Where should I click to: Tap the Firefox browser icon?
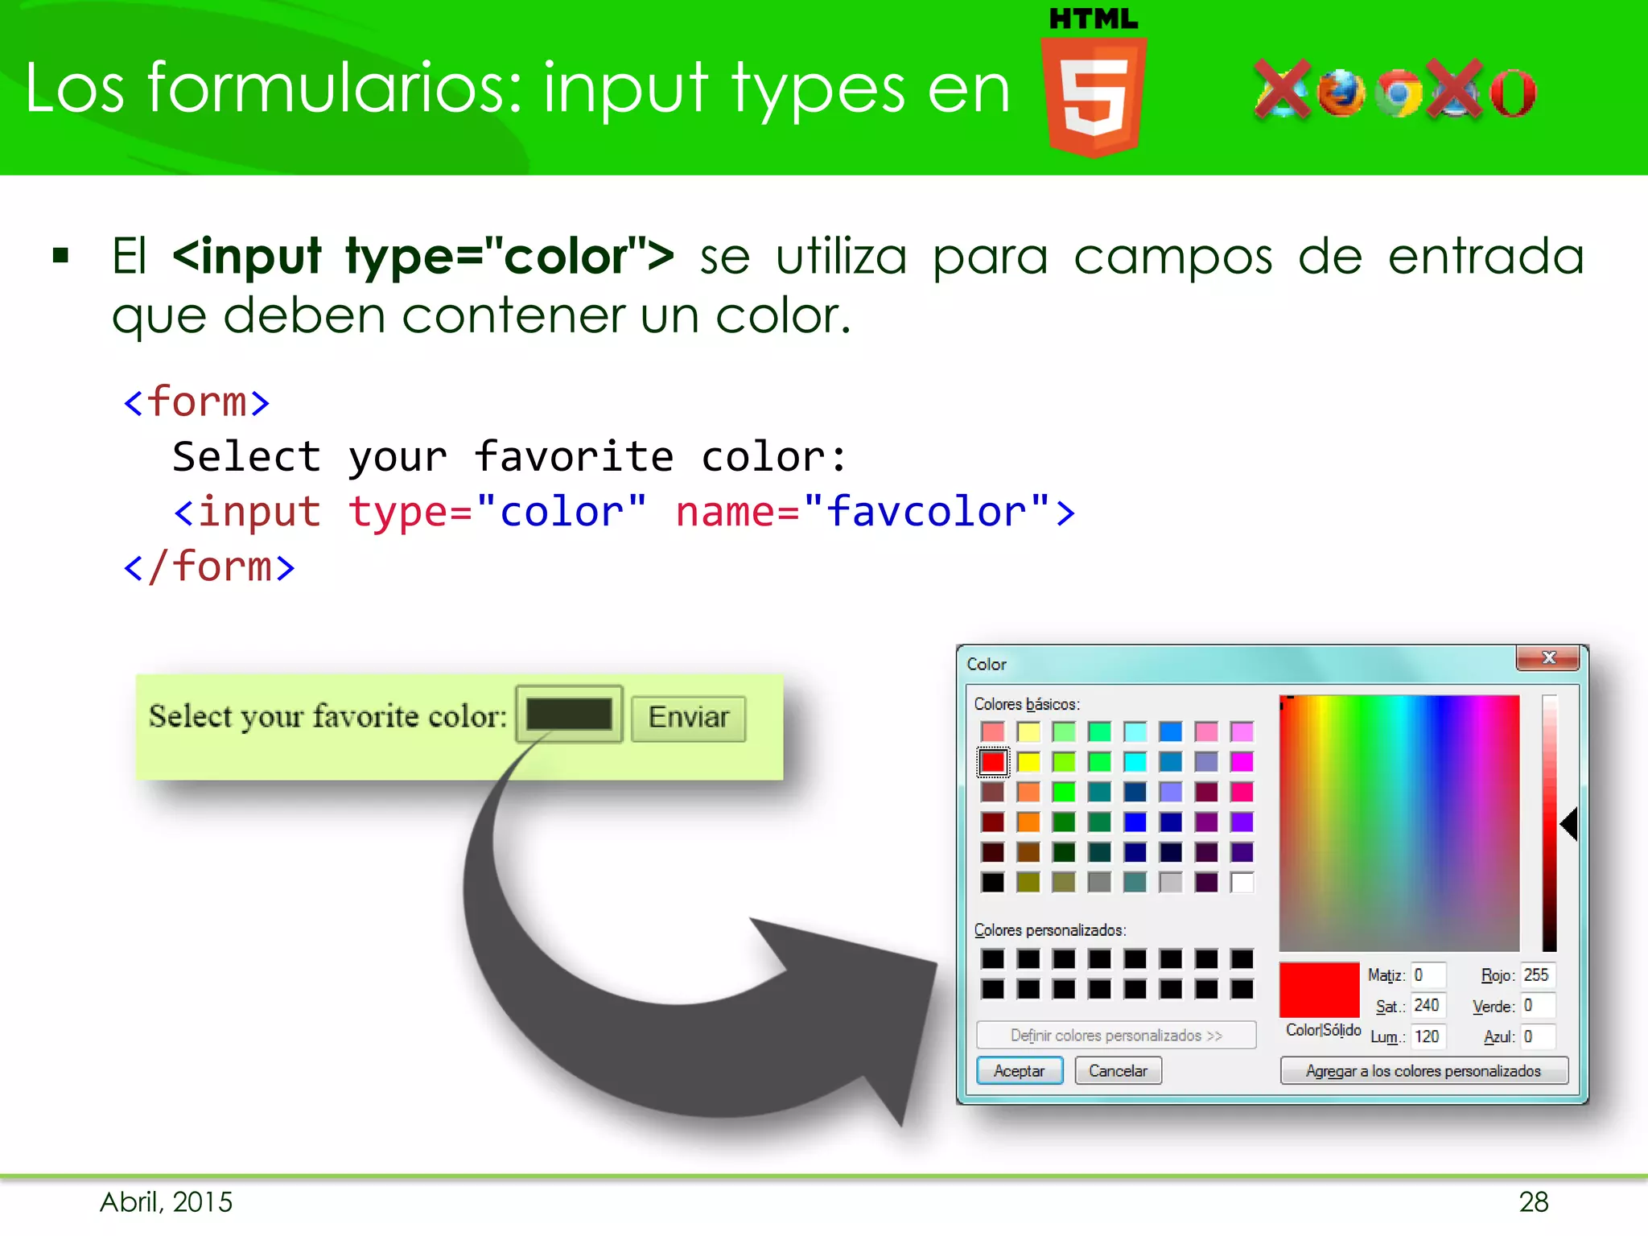point(1341,93)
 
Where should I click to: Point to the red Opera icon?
point(1513,93)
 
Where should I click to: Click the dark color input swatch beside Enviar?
point(568,715)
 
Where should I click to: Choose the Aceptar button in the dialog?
point(1019,1071)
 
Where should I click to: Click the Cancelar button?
point(1118,1071)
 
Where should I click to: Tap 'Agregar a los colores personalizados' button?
point(1423,1071)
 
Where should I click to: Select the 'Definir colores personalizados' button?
point(1115,1036)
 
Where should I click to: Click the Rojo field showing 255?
point(1537,975)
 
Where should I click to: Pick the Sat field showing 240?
point(1428,1006)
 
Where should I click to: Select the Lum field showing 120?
point(1428,1036)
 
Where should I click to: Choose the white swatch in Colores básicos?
point(1242,883)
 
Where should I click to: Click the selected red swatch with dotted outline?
point(993,762)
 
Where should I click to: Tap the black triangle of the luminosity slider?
point(1569,825)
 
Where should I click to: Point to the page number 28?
point(1533,1202)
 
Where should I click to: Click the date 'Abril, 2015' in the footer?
point(167,1202)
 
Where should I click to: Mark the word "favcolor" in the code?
point(927,512)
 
